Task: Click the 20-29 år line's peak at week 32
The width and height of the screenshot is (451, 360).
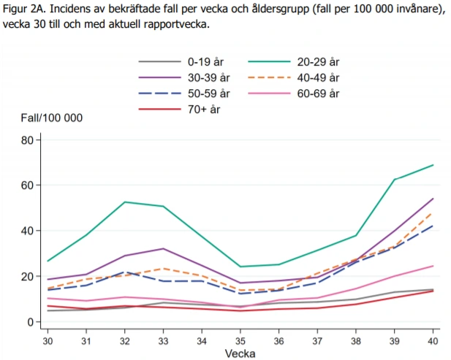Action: (x=124, y=202)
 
